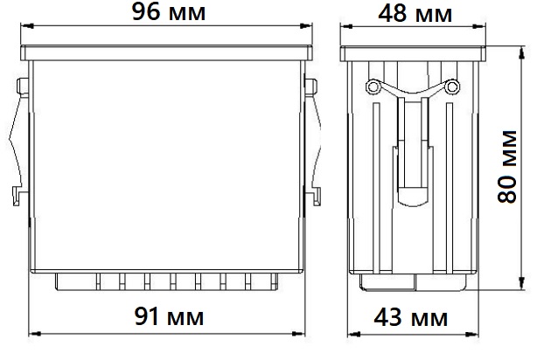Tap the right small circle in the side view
(x=452, y=87)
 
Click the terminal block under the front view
(x=166, y=281)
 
